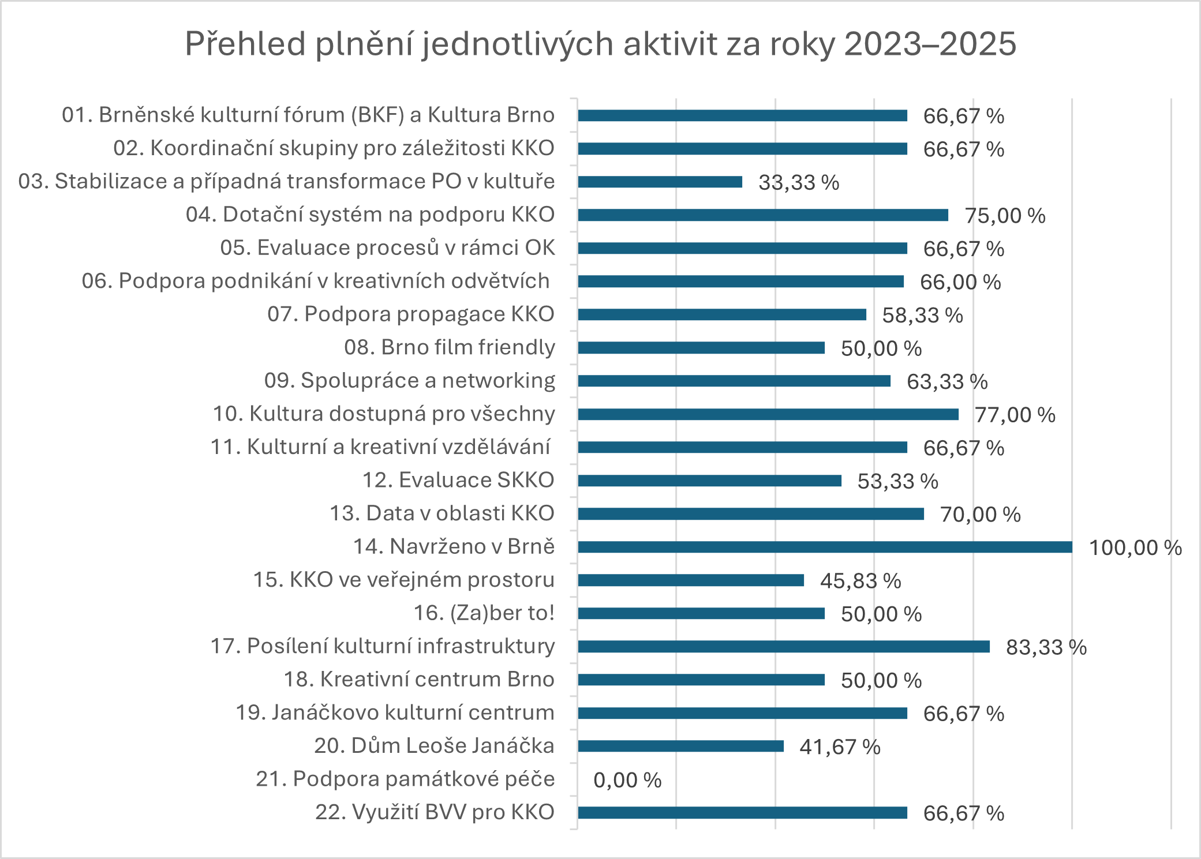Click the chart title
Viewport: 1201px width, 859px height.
pos(600,44)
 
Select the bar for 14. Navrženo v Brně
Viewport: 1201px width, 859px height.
pos(825,547)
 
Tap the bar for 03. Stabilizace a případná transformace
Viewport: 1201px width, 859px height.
pos(660,182)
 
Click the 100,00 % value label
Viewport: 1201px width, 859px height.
pos(1135,547)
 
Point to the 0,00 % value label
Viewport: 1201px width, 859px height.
pos(627,780)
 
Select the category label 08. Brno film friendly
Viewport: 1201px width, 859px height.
pos(449,347)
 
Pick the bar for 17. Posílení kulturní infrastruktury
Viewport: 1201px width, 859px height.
pos(784,647)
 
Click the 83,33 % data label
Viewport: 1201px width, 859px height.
pos(1046,647)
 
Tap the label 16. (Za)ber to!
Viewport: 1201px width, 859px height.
pos(484,613)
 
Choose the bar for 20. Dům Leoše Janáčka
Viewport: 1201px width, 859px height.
pos(680,747)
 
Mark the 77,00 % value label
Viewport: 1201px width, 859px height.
pos(1015,415)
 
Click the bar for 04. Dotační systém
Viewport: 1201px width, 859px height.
pos(763,215)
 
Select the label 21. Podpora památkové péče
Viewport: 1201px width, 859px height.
pos(405,779)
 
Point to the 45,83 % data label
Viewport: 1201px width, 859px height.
pos(860,581)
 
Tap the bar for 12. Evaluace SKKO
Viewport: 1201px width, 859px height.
pos(709,481)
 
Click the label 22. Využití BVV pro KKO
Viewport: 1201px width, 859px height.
pos(434,812)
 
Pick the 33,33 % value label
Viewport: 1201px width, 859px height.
pos(798,182)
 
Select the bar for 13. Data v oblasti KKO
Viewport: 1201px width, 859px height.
pos(750,514)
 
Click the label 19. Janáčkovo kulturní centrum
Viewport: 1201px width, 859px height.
pos(395,712)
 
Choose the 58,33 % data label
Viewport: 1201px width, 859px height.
pos(922,315)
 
